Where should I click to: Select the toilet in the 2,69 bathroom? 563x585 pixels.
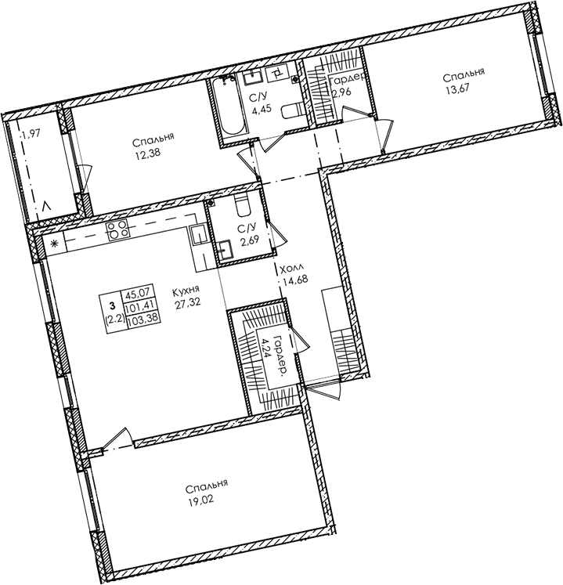tap(241, 208)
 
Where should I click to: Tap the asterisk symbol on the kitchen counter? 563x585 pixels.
tap(54, 244)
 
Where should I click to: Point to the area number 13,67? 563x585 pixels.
tap(463, 91)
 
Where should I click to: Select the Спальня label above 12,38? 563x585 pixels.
tap(153, 139)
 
